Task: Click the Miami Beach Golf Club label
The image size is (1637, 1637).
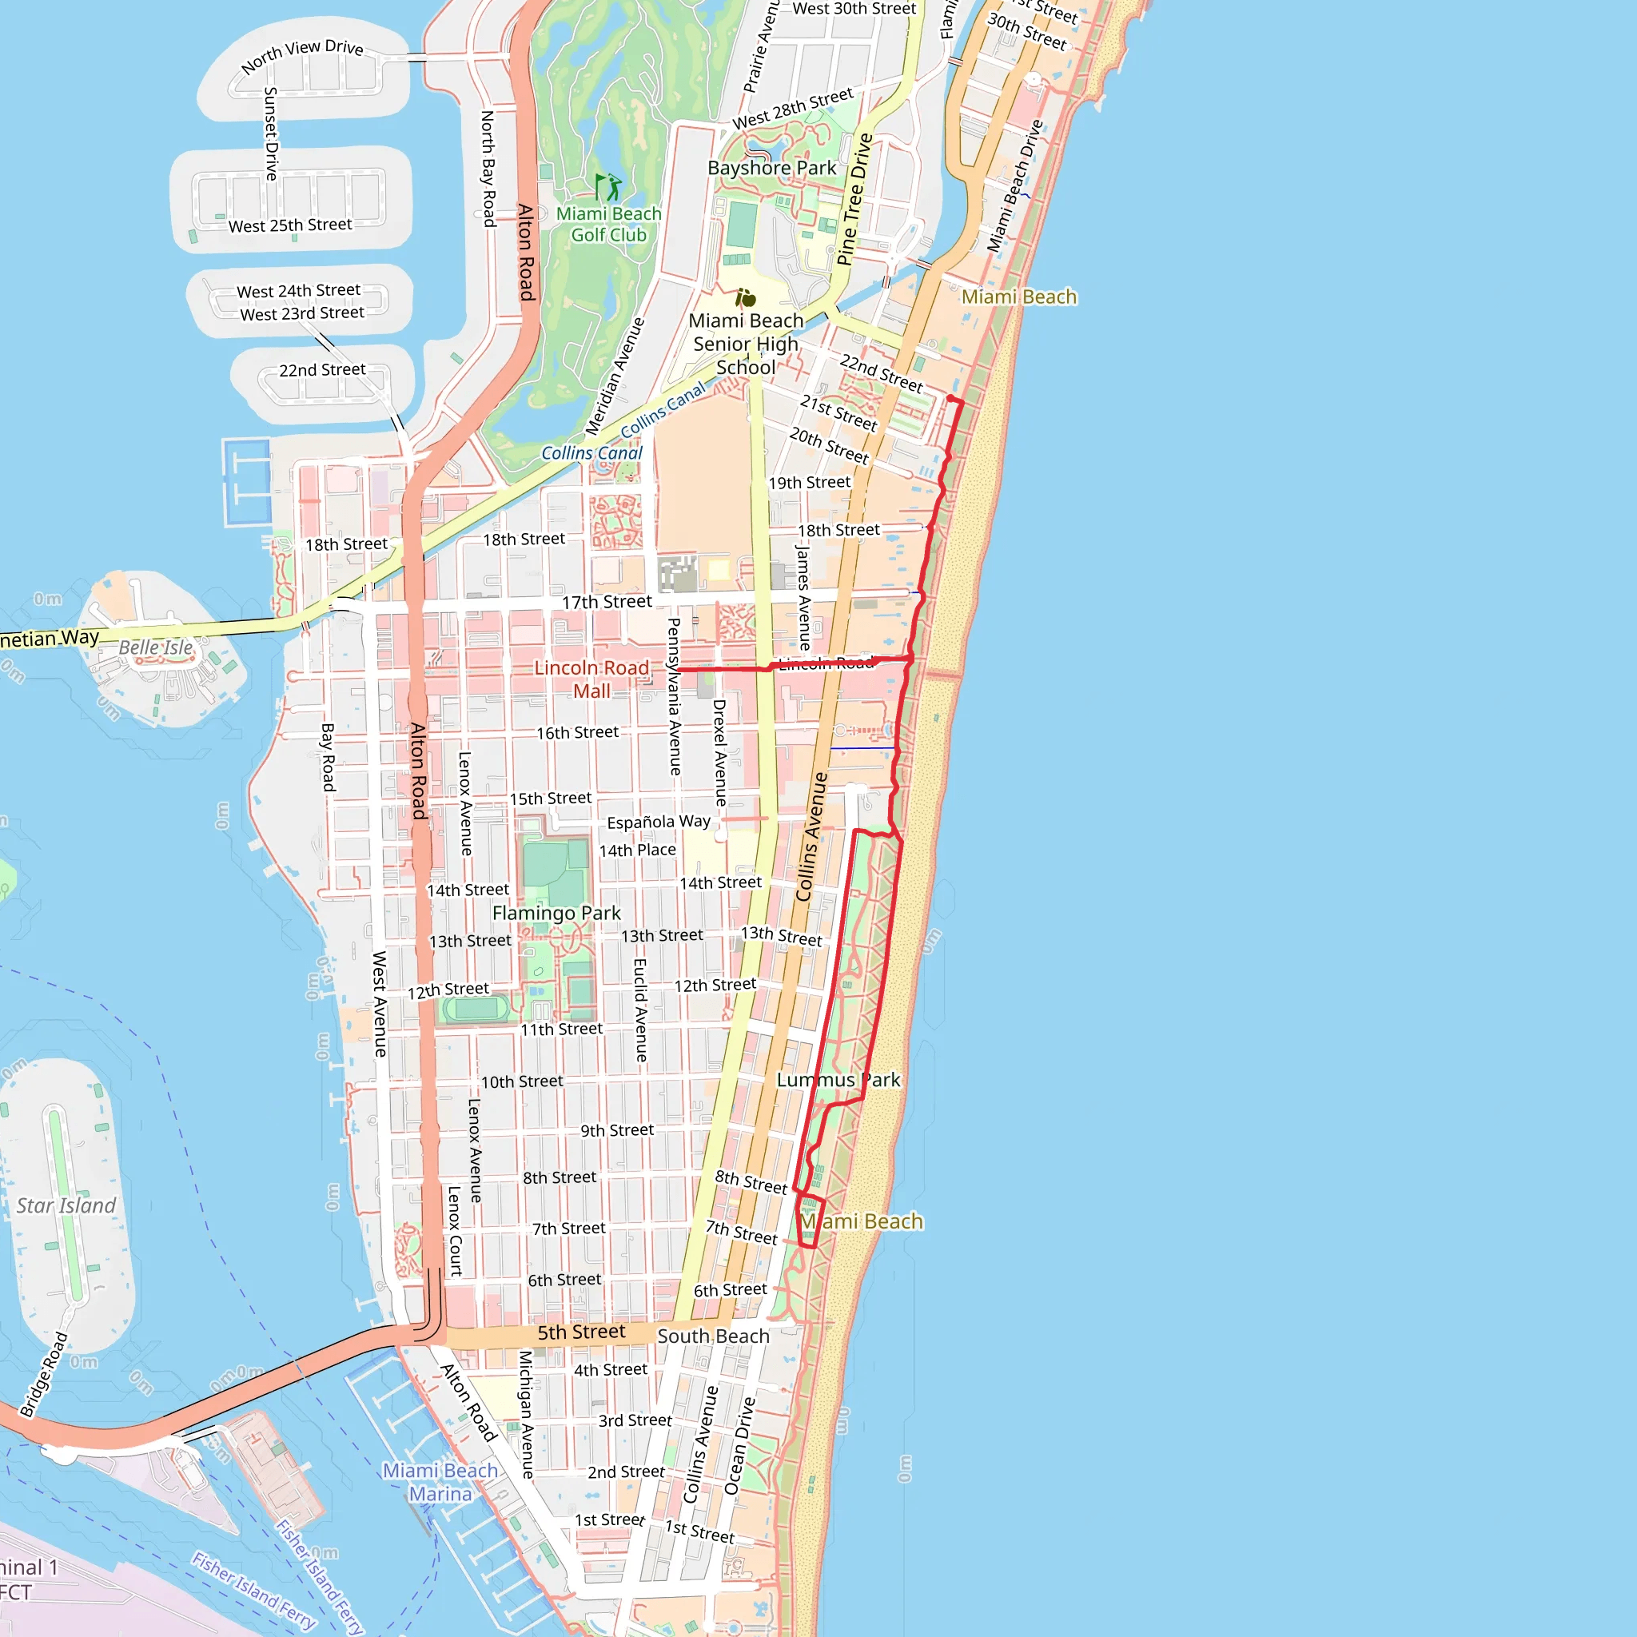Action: [x=608, y=225]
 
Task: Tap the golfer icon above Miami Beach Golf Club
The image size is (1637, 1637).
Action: [x=607, y=186]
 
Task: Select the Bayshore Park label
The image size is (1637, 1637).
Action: [x=771, y=168]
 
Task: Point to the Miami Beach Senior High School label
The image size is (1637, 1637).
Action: [x=746, y=344]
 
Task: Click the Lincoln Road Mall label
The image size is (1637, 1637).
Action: [x=591, y=679]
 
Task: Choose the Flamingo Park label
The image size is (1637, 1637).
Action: [x=556, y=914]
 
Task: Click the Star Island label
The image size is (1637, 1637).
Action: [x=66, y=1205]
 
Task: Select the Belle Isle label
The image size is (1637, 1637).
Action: [x=156, y=647]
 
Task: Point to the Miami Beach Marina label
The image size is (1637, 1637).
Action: [x=440, y=1482]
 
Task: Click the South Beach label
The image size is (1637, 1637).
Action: [x=714, y=1336]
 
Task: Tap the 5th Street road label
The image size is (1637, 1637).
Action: [x=581, y=1332]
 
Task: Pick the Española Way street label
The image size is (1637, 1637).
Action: [x=659, y=822]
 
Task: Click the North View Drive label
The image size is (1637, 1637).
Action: [x=302, y=56]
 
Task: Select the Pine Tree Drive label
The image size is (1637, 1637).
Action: [x=854, y=200]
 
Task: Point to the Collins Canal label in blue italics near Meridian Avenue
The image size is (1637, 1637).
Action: [x=591, y=453]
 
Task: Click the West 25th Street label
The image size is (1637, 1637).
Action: [x=290, y=225]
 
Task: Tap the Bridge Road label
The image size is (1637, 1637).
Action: [x=43, y=1374]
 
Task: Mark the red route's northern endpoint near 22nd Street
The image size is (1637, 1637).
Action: [x=950, y=398]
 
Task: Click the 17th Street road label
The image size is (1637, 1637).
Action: [x=607, y=602]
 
